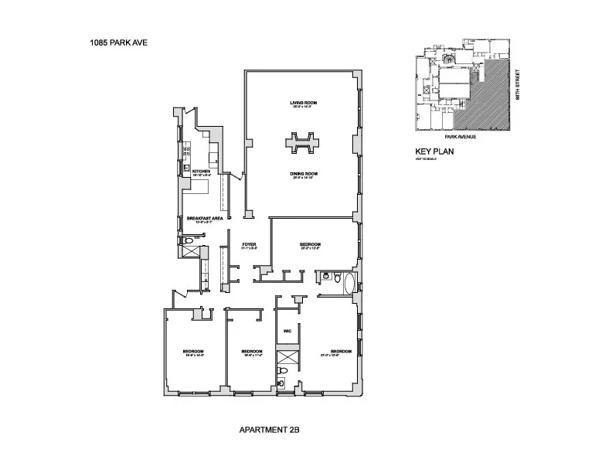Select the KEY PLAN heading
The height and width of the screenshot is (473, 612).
coord(433,151)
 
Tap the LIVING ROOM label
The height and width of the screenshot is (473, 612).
coord(304,103)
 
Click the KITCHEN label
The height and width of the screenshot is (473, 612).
coord(201,171)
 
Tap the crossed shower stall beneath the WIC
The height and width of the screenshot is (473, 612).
coord(287,359)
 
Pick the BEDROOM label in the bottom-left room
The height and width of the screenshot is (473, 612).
coord(192,352)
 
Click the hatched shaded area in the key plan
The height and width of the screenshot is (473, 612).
coord(487,97)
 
